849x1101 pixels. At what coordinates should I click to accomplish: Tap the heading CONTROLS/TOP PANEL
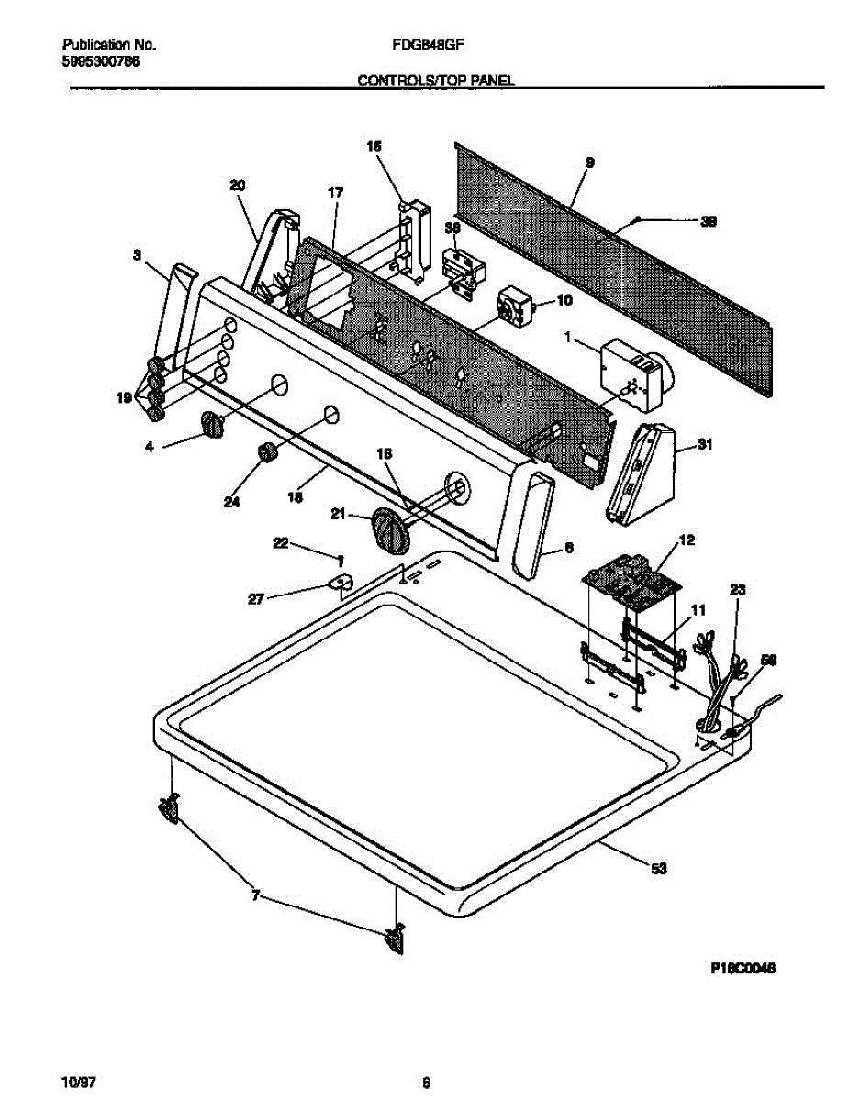point(435,81)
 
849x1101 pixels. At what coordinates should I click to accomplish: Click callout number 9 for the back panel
point(590,162)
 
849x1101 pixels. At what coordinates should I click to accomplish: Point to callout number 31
point(705,445)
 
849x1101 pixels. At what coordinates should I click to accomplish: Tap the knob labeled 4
point(212,426)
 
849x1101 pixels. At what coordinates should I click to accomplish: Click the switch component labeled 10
point(509,306)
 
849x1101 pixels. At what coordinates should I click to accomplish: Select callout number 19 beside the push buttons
point(123,397)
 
